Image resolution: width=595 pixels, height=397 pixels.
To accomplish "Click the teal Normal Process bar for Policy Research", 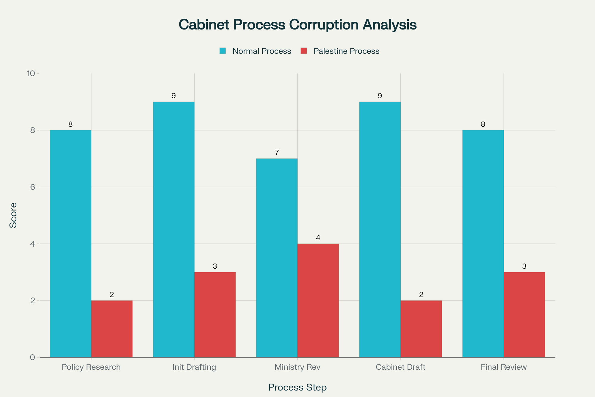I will click(x=71, y=244).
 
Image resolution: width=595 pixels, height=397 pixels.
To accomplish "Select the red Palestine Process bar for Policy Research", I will click(x=112, y=329).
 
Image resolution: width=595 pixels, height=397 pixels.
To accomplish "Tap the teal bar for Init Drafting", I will click(x=174, y=229).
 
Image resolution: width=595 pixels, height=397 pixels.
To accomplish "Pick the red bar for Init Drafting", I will click(x=215, y=315).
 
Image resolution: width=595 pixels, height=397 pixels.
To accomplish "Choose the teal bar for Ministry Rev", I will click(x=277, y=258).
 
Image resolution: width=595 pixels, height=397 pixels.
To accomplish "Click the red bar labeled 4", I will click(x=318, y=300).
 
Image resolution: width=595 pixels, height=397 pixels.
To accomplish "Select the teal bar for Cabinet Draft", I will click(x=380, y=229).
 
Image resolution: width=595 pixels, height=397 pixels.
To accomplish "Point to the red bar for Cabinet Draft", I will click(x=421, y=329).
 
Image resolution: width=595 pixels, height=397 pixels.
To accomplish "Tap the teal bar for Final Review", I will click(x=483, y=244).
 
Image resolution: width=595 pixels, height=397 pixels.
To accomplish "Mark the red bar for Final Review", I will click(x=524, y=315).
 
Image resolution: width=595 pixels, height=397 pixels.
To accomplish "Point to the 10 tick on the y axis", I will click(x=31, y=74).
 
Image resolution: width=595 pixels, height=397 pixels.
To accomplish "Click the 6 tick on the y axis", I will click(x=33, y=187).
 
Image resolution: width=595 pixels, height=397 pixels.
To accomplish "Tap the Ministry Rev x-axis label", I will click(x=297, y=367).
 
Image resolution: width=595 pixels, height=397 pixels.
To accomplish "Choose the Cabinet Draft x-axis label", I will click(x=400, y=367).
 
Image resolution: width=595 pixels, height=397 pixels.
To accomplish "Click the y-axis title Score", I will click(x=13, y=215).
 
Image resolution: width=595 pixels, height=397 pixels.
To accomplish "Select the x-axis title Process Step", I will click(x=297, y=387).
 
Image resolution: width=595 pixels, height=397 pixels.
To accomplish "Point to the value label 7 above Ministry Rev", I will click(x=277, y=153).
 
